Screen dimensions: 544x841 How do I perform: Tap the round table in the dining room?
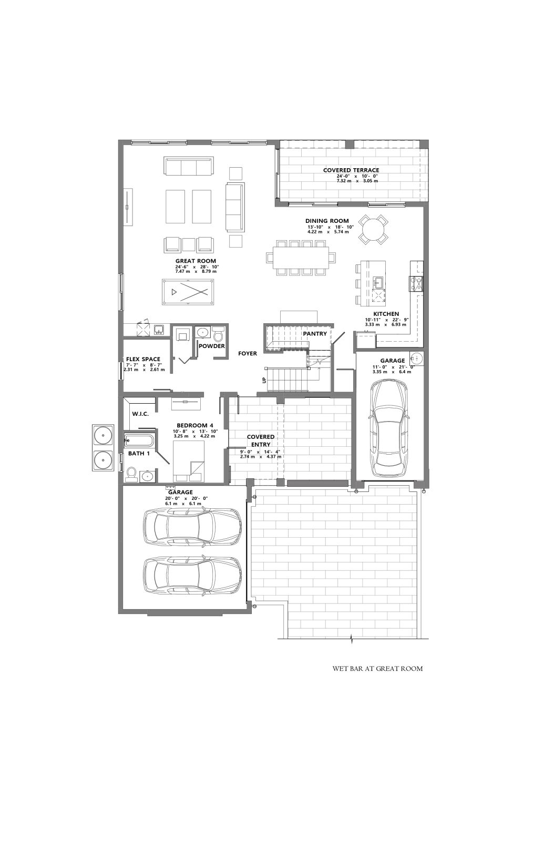point(373,228)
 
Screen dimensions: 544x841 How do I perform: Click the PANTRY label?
point(315,333)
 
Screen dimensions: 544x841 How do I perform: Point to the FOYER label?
point(248,353)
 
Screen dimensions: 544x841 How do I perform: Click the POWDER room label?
point(212,346)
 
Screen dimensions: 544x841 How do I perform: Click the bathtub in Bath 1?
point(139,439)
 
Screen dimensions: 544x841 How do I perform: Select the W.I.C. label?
point(140,414)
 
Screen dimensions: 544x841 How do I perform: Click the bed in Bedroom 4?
point(189,461)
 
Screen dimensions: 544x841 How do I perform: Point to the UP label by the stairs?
point(263,381)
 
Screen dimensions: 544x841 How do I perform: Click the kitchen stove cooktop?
point(416,284)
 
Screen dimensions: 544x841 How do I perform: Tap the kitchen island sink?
point(378,282)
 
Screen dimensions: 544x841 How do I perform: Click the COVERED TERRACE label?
point(351,170)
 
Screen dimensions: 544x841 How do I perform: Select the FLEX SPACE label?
point(143,359)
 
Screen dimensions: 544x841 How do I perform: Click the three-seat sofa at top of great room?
point(189,166)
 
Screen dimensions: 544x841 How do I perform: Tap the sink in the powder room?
point(203,333)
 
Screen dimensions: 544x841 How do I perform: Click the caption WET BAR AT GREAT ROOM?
point(378,669)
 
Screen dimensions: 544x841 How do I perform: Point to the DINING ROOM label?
point(327,221)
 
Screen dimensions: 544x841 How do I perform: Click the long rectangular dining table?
point(301,258)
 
